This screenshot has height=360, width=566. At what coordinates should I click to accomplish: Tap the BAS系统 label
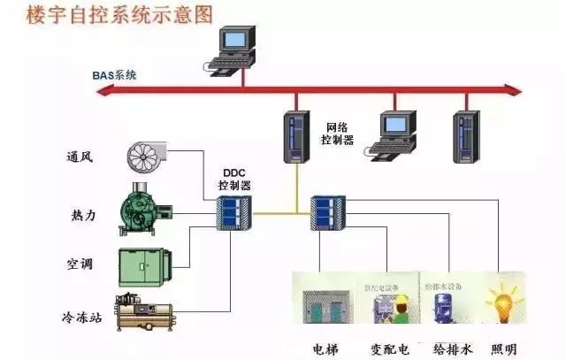[115, 75]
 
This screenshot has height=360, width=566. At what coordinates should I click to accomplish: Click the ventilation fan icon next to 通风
[151, 156]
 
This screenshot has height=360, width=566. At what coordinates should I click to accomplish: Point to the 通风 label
[79, 158]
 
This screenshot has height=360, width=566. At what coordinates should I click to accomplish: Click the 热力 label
[79, 215]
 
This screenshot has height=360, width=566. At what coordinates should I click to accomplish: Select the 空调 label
[79, 264]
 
